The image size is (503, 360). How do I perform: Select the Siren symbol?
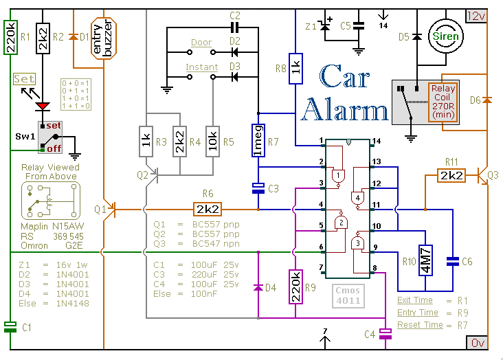tap(446, 36)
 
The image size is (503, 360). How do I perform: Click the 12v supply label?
tap(476, 15)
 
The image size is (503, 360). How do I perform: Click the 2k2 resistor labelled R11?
tap(452, 177)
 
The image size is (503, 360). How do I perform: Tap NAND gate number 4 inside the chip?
tap(357, 199)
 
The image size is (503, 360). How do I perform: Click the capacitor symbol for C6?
tap(452, 261)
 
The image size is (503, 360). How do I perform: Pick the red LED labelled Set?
tap(43, 106)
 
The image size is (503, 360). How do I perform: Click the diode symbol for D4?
tap(258, 285)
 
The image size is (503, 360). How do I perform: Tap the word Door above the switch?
tap(201, 43)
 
